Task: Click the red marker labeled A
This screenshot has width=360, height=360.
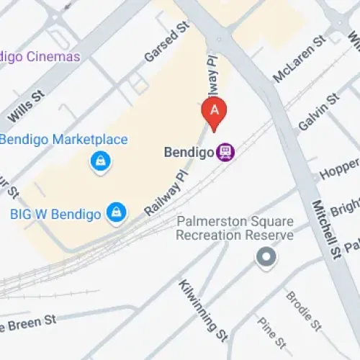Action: point(214,110)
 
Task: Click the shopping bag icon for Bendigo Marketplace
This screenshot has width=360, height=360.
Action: point(100,161)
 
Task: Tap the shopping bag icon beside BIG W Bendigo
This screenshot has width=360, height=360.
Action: point(115,212)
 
